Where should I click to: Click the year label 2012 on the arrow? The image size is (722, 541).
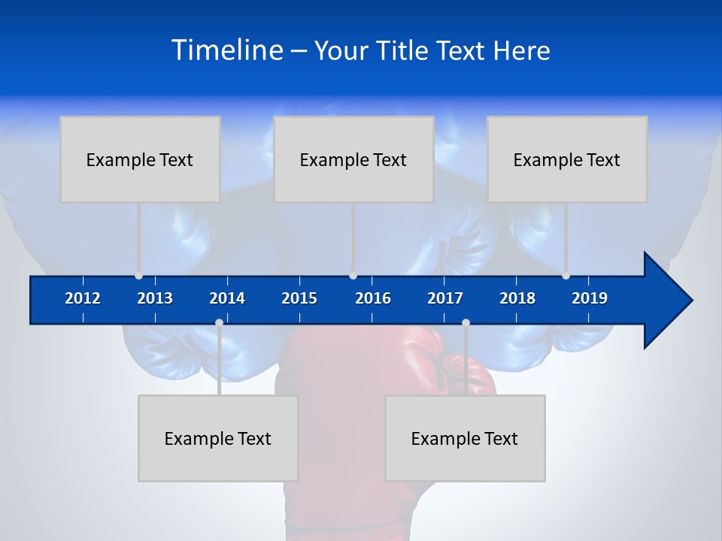click(83, 298)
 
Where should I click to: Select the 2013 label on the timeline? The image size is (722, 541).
click(155, 298)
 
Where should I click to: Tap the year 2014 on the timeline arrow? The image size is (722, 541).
click(227, 298)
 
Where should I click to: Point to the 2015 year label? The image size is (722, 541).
click(299, 298)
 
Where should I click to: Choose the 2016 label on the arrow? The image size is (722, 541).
click(373, 298)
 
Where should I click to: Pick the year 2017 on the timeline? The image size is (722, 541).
click(445, 298)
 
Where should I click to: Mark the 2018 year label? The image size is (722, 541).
click(517, 298)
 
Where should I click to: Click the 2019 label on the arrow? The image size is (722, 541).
click(590, 298)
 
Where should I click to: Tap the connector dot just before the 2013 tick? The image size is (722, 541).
click(138, 276)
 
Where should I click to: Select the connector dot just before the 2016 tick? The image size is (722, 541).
click(353, 276)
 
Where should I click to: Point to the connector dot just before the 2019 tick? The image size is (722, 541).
click(566, 276)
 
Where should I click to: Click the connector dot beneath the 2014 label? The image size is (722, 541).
click(219, 323)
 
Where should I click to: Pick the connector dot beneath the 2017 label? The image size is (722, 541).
click(466, 323)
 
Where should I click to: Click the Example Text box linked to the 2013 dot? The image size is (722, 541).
click(140, 159)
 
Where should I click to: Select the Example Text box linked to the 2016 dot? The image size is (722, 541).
click(353, 159)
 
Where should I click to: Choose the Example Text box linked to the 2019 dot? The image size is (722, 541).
click(567, 159)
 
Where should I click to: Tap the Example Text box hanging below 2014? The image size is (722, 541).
click(218, 438)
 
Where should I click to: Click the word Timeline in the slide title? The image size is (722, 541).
click(227, 50)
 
